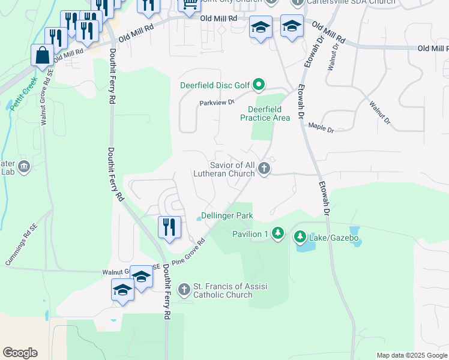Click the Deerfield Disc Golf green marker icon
point(259,85)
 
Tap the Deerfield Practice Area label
point(269,113)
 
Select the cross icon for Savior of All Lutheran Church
point(264,170)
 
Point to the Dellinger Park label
point(227,216)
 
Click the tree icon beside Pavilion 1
point(277,233)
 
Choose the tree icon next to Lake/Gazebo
point(300,238)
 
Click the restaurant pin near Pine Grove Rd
point(169,227)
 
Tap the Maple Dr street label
point(321,127)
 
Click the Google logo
point(20,353)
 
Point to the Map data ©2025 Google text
point(412,355)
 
